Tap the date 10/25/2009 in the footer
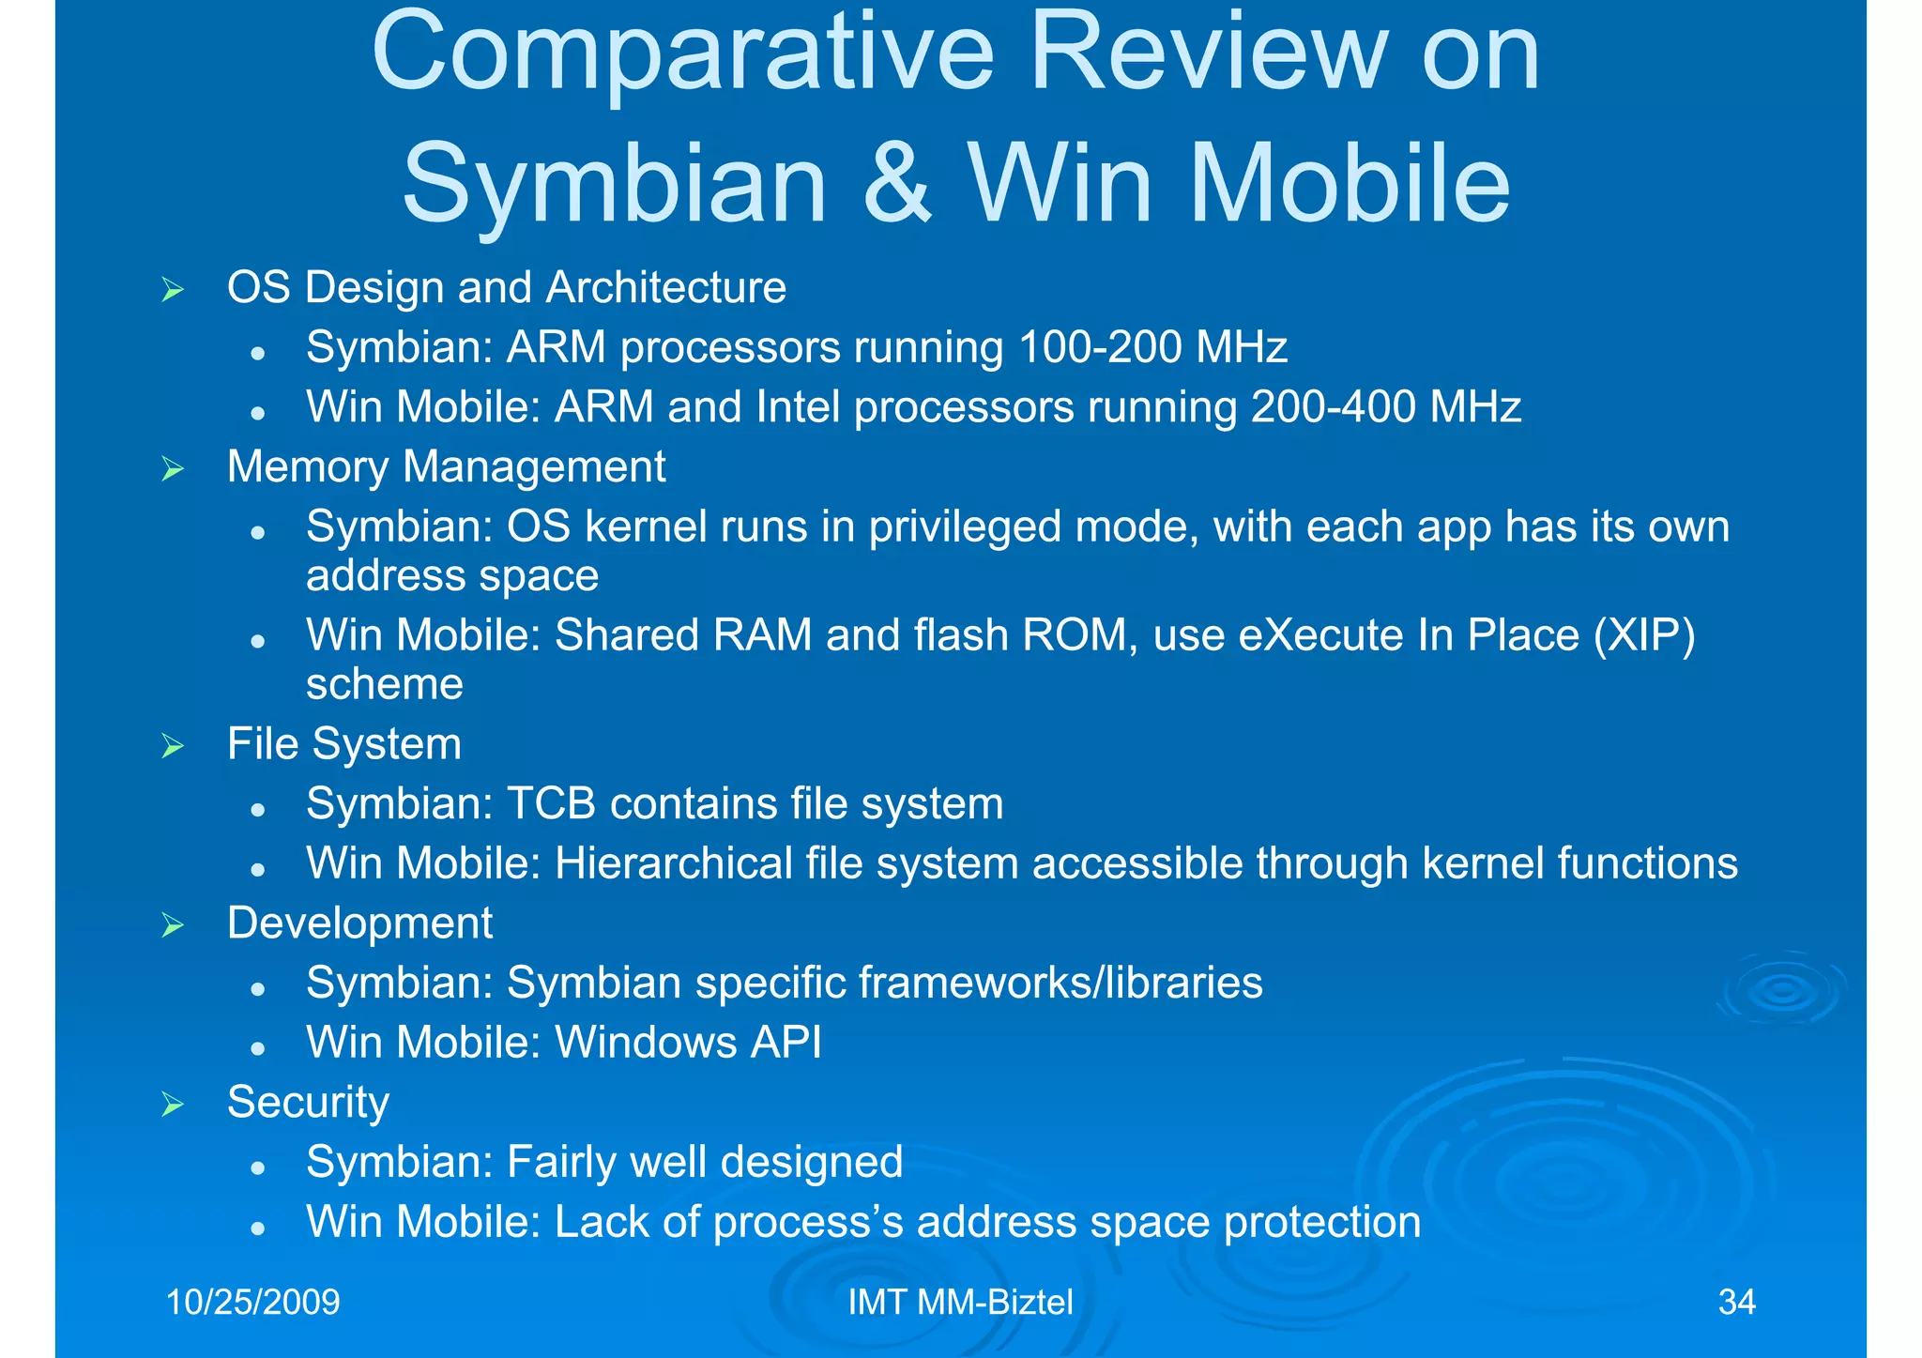click(252, 1302)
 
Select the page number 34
click(1736, 1302)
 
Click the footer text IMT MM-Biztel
click(960, 1302)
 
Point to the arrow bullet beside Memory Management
click(173, 468)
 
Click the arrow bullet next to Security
click(173, 1104)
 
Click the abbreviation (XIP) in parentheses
click(1644, 635)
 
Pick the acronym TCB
click(551, 804)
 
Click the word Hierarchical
click(674, 863)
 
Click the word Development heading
click(359, 923)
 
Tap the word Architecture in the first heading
click(665, 287)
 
